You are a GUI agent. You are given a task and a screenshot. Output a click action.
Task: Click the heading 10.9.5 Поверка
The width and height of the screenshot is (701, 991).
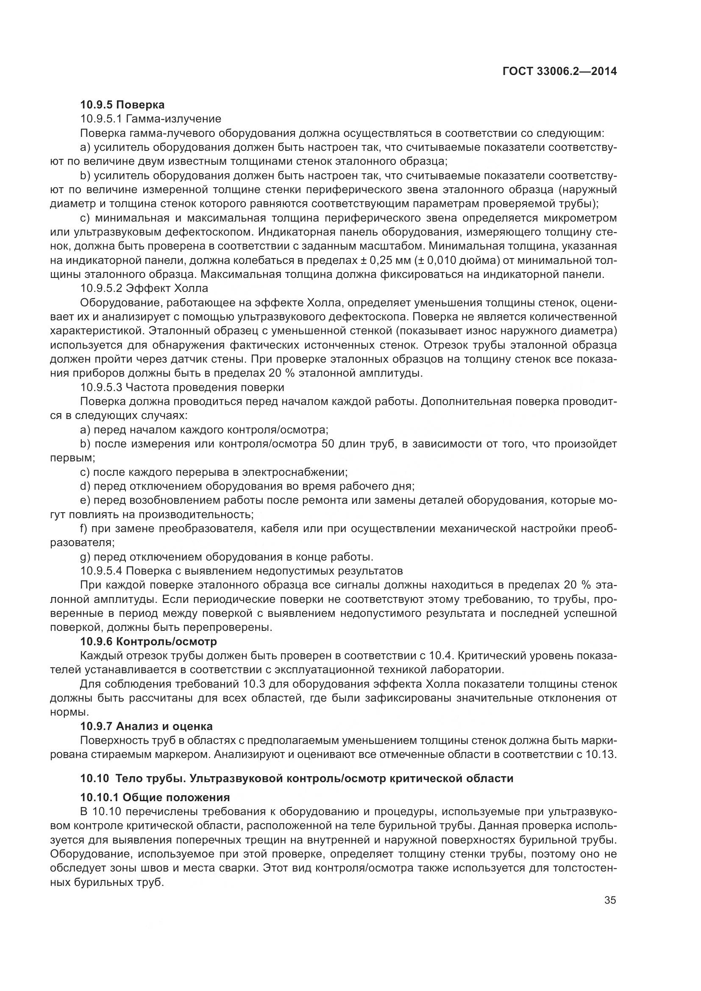click(x=122, y=105)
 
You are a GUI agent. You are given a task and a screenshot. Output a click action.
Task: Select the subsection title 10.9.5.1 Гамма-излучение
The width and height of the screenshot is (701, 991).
click(x=150, y=119)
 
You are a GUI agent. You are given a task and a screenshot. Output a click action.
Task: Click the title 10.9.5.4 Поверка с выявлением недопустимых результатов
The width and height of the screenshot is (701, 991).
click(x=241, y=571)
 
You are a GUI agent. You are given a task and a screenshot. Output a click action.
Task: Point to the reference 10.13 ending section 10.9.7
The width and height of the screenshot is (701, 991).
click(x=602, y=755)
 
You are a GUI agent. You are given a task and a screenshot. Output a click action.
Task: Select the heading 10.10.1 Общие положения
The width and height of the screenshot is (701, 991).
click(x=155, y=797)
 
